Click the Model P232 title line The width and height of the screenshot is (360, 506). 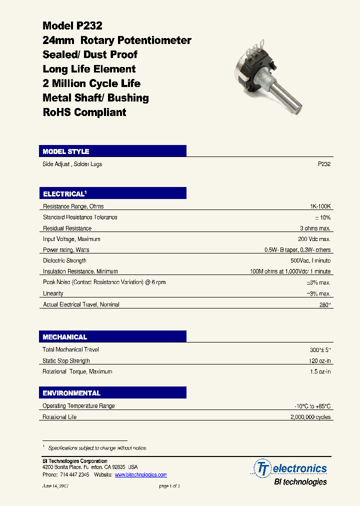click(x=72, y=26)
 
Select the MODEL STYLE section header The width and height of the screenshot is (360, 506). click(x=66, y=151)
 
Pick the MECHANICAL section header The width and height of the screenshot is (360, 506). click(x=65, y=337)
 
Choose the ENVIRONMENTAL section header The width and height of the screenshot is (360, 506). click(x=71, y=393)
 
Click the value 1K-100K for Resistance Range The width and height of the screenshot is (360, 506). click(x=320, y=206)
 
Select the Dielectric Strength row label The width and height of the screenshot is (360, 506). click(x=64, y=260)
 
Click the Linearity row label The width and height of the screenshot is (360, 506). click(x=53, y=293)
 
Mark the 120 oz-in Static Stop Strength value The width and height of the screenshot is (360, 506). click(x=320, y=361)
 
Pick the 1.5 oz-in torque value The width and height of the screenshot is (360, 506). click(x=320, y=372)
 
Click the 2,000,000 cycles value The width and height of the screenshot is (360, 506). click(x=310, y=417)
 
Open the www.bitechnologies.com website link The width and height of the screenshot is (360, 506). click(x=140, y=475)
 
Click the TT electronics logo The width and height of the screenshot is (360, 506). click(x=291, y=468)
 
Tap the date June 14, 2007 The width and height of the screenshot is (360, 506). click(x=55, y=486)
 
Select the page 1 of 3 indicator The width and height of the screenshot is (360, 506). click(x=169, y=486)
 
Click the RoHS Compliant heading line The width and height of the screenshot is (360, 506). click(x=84, y=112)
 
